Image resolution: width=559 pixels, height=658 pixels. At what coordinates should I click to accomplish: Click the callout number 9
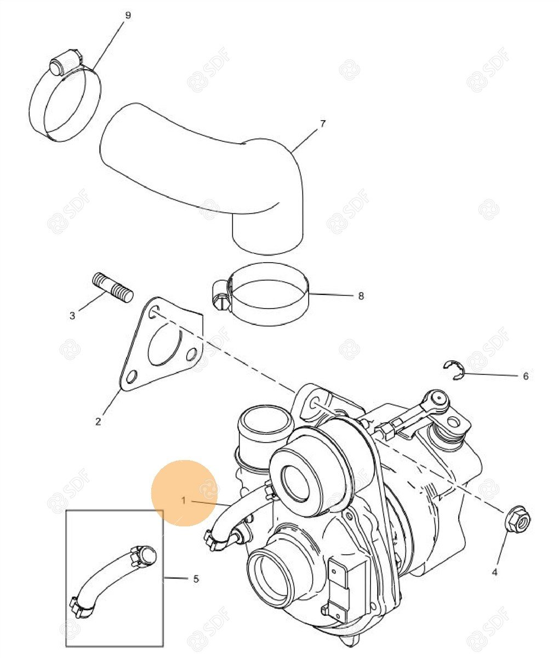pos(128,15)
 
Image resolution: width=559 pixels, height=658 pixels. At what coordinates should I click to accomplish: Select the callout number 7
pos(323,123)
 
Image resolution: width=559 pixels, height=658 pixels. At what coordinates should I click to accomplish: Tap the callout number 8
pos(361,296)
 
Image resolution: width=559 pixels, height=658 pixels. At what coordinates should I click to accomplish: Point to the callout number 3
pos(72,316)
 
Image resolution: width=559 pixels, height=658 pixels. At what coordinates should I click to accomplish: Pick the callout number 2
pos(98,422)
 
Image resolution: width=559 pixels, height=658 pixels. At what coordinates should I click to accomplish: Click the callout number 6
pos(526,376)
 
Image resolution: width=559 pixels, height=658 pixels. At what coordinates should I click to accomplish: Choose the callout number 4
pos(495,572)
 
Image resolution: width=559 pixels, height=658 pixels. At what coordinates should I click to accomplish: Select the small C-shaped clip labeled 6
pos(455,370)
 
